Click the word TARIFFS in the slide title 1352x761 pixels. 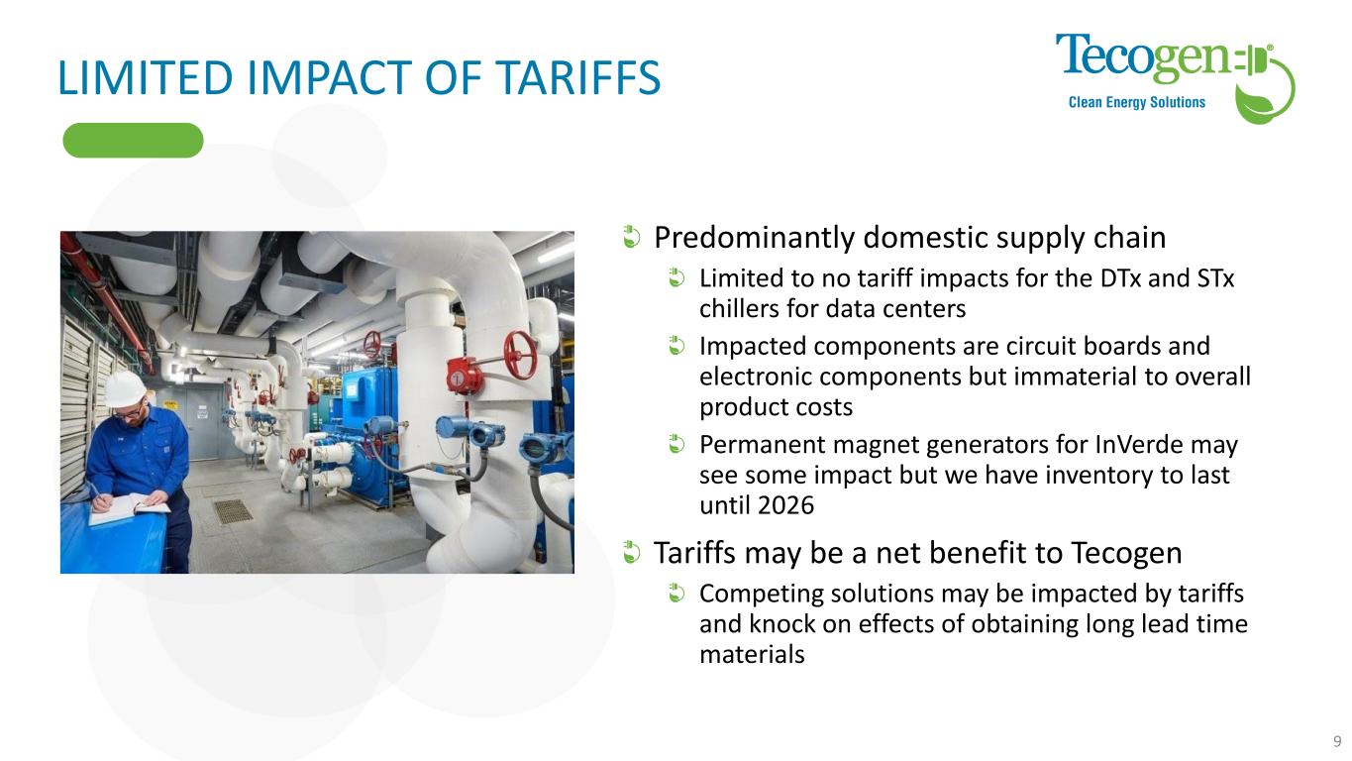(578, 77)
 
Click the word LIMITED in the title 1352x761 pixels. (145, 77)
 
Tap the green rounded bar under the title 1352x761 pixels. (133, 140)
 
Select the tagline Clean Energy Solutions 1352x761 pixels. (1136, 103)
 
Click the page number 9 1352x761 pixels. (1337, 741)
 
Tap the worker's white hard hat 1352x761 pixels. (125, 387)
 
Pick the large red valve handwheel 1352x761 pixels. (520, 355)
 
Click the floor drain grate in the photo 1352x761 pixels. (233, 511)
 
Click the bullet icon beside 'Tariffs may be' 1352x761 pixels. (631, 552)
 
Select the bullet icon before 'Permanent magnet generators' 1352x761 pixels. (676, 444)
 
